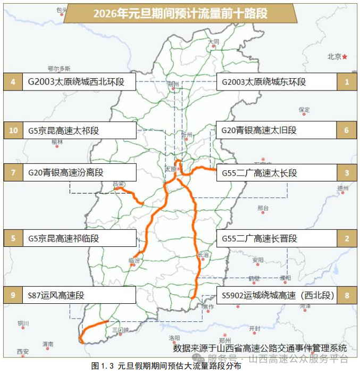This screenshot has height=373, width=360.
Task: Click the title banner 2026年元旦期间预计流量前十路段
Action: (x=180, y=13)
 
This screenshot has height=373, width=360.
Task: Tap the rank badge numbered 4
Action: (x=13, y=82)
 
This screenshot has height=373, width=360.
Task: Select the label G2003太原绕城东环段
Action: (x=277, y=82)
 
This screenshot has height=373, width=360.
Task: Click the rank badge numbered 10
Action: (x=13, y=130)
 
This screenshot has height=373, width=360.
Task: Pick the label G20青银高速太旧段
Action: (x=277, y=130)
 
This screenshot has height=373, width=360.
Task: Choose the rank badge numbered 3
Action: (x=347, y=172)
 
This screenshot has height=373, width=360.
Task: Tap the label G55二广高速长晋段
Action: (x=277, y=238)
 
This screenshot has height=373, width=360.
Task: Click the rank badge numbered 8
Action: (x=347, y=295)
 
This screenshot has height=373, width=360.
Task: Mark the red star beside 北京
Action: (x=345, y=56)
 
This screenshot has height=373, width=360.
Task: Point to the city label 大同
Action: (x=214, y=41)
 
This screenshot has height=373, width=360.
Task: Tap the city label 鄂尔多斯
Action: (x=59, y=68)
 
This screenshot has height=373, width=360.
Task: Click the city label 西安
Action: (x=22, y=351)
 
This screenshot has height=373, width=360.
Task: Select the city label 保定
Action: (x=304, y=110)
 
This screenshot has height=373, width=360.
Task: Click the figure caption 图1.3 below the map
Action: (x=166, y=366)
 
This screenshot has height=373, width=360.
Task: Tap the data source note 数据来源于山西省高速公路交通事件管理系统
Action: (x=259, y=348)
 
